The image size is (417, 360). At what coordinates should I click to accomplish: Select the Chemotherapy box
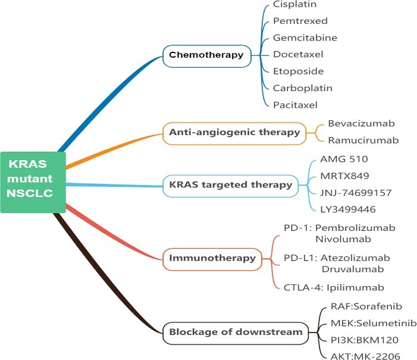(206, 55)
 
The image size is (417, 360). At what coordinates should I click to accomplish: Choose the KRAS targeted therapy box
(231, 184)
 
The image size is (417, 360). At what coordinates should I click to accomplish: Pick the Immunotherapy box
(212, 258)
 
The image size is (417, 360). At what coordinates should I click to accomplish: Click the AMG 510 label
(344, 159)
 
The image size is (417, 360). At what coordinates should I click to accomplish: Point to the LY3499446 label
(348, 209)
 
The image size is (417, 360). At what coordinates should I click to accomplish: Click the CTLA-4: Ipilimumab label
(333, 287)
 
